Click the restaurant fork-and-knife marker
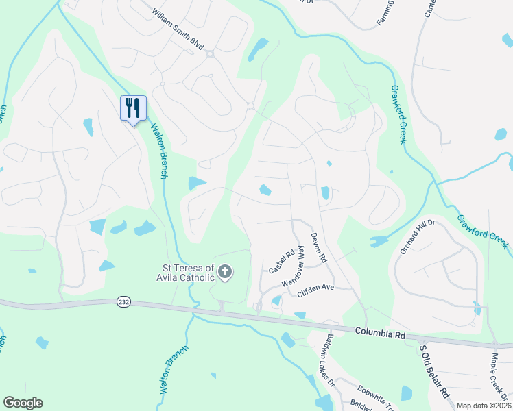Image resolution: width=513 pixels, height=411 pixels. pos(133,108)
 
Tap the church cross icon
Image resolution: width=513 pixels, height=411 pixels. pos(224,273)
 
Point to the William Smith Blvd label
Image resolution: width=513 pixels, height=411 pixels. pos(178,28)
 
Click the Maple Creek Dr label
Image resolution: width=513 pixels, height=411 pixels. pos(499,381)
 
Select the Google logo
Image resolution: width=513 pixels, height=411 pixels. pos(23,403)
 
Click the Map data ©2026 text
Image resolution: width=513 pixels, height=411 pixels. pos(484,406)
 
